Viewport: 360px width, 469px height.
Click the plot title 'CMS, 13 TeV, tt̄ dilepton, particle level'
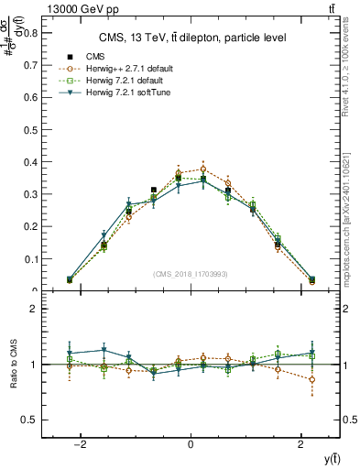point(191,38)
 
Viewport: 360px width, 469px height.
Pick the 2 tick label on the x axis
point(300,445)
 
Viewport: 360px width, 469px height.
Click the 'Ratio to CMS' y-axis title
point(12,365)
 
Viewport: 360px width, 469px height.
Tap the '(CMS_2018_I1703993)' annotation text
point(191,274)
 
